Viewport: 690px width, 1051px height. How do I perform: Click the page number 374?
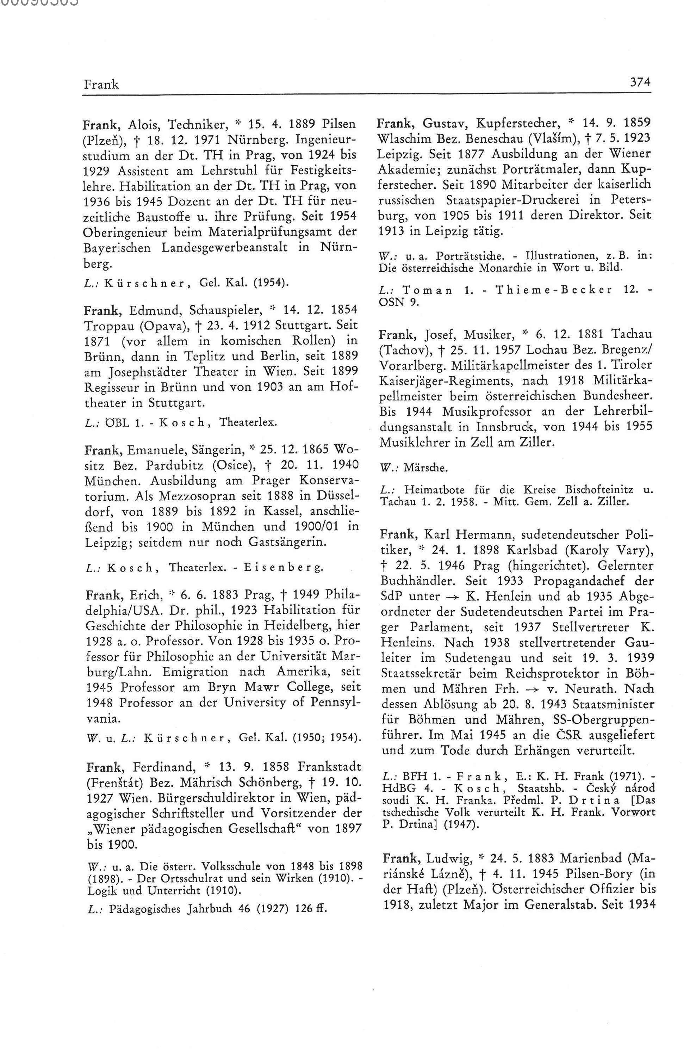[x=639, y=82]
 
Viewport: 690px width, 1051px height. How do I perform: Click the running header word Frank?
[x=101, y=84]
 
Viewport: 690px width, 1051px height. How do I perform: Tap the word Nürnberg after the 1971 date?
[x=252, y=140]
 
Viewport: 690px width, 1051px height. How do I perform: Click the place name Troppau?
[x=109, y=325]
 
